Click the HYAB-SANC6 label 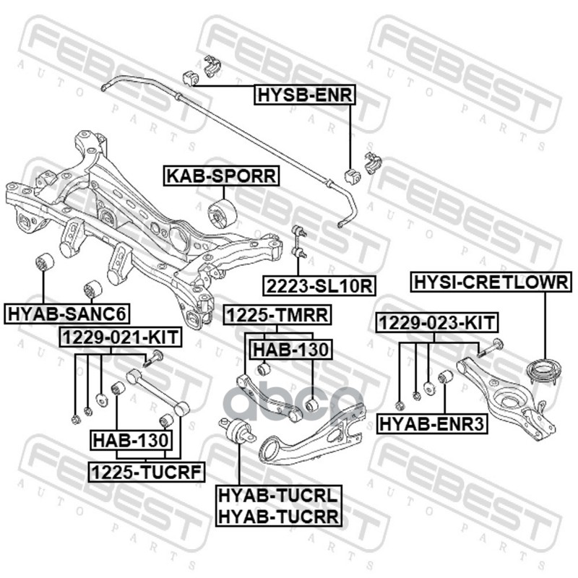click(67, 313)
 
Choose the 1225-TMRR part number click(277, 314)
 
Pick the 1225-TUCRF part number click(146, 473)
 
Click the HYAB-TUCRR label click(277, 515)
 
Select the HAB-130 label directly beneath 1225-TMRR click(290, 350)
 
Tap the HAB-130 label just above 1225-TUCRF click(131, 439)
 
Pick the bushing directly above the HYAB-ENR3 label click(445, 378)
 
